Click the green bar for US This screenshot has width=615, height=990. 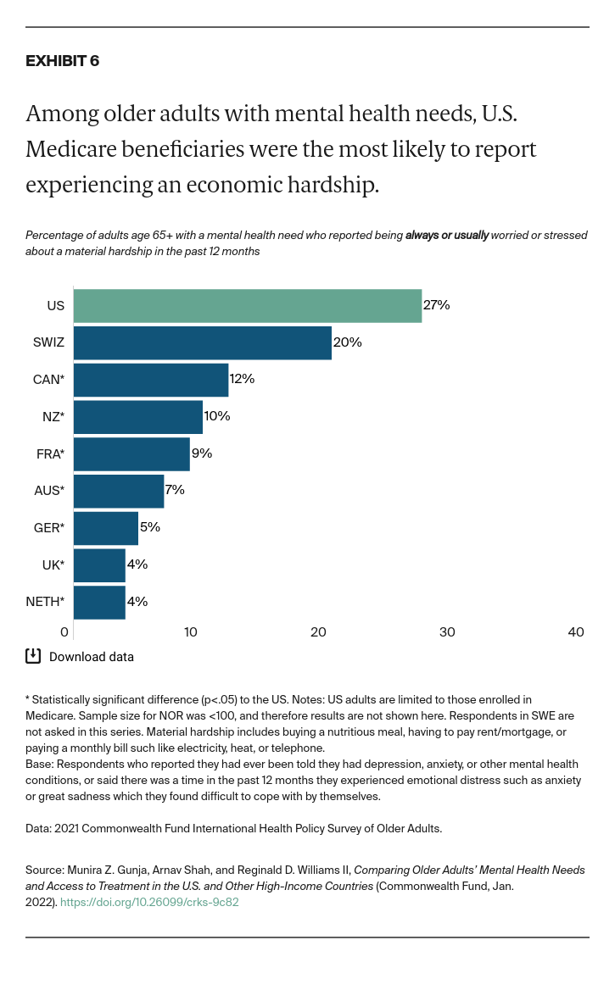(247, 306)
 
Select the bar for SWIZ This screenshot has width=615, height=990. (202, 342)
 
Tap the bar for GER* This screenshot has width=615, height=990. (105, 528)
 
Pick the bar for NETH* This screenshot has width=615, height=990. (99, 602)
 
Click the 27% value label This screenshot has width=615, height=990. (436, 305)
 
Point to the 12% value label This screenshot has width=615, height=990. (242, 379)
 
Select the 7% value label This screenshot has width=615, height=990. (174, 490)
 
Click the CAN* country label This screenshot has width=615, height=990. (48, 380)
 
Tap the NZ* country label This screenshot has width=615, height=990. (52, 417)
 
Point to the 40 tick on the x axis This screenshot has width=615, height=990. (576, 632)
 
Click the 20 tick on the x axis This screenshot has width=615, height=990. (319, 632)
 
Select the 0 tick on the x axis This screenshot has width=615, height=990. (64, 632)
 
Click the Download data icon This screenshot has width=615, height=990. (33, 655)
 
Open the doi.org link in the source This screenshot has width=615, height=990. (149, 902)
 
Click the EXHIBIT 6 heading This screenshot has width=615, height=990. (62, 61)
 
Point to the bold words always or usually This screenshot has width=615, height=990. (446, 235)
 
